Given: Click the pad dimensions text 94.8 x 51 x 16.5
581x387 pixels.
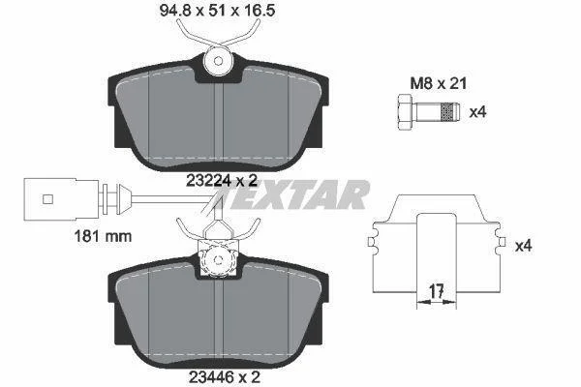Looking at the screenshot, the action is [217, 11].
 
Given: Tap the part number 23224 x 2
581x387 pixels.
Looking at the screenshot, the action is [222, 181].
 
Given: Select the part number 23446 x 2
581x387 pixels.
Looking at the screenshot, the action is [225, 377].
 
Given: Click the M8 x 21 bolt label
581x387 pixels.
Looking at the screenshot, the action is [438, 84].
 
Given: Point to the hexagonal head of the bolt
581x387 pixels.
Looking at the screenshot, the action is [406, 112].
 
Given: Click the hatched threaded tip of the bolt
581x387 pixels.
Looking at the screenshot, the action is [449, 112].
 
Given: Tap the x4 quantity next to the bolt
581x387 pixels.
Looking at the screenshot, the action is [477, 112].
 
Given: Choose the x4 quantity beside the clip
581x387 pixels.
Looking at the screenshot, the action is [523, 246].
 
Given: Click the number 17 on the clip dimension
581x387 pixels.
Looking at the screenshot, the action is [437, 291].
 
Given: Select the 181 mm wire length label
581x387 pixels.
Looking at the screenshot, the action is [103, 236].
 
